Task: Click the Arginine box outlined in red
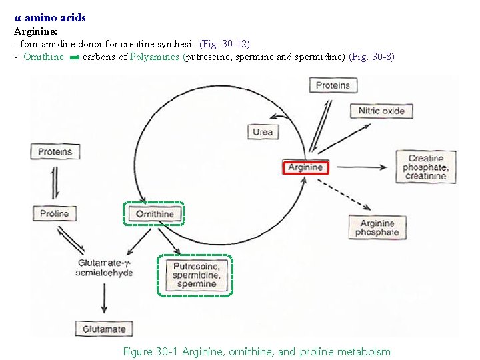306,167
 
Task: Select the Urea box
263,132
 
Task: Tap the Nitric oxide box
381,111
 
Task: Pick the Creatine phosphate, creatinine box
425,167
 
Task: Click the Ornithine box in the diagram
154,214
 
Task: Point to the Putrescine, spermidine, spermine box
195,275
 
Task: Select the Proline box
54,214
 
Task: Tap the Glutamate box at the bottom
104,329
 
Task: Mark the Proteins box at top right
333,85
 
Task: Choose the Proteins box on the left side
55,152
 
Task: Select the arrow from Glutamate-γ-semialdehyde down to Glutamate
104,298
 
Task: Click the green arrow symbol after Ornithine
74,57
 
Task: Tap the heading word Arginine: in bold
35,31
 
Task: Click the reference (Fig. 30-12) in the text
225,44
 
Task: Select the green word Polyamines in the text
155,57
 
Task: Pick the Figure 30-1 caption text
257,351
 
